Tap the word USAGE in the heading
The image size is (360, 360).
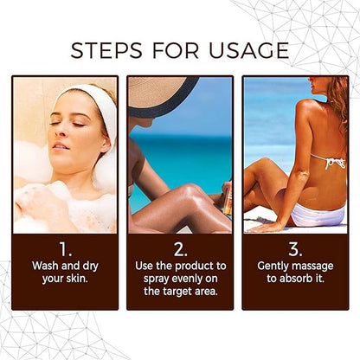point(249,51)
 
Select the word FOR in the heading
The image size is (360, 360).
point(176,51)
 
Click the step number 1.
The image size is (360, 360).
point(65,249)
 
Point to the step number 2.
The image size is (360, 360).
point(180,249)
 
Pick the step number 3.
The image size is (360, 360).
point(295,249)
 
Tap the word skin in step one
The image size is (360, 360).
point(75,279)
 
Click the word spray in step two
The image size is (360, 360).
point(157,280)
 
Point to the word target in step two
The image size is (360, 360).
point(178,292)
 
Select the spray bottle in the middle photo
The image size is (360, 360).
point(228,199)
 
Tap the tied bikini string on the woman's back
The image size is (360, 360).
point(331,163)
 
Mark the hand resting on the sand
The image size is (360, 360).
point(261,227)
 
